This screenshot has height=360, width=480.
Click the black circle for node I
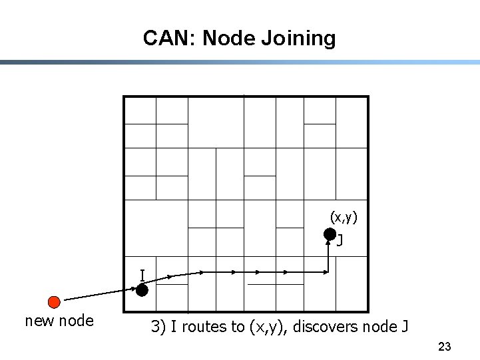142,289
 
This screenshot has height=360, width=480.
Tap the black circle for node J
330,234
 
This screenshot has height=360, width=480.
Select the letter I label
142,275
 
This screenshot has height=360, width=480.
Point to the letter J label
340,240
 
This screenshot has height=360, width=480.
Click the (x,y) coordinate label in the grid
344,217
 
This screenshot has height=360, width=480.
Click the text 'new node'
59,321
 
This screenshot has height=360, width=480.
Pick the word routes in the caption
202,327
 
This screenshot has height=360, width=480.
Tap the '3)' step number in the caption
157,327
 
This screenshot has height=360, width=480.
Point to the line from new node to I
100,295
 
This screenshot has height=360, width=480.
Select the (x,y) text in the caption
267,327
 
